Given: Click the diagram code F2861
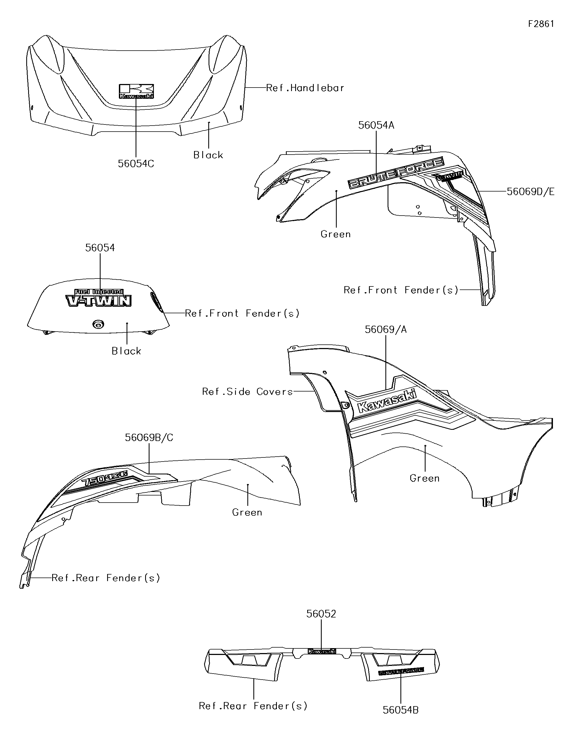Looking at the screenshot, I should [541, 24].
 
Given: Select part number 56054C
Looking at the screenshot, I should [136, 164].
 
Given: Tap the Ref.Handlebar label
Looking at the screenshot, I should [305, 88].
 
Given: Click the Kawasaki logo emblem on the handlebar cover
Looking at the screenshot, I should [136, 91].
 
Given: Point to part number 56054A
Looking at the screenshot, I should [376, 125].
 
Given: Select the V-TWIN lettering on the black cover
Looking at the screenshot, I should [99, 301].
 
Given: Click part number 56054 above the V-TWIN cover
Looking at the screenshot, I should [100, 248].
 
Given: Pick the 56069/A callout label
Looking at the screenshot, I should [386, 330].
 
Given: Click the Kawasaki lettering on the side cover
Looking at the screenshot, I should [387, 401].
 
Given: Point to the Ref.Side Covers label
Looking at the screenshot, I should [247, 391].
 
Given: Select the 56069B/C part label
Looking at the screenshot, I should [149, 437].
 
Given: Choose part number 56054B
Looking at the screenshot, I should [400, 710].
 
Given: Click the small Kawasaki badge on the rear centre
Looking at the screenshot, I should [321, 651].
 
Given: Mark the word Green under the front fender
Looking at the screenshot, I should [336, 234].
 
